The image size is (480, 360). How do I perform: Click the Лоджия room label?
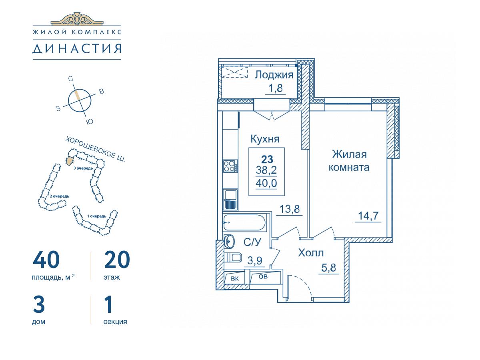(274, 75)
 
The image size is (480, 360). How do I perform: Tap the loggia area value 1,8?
(275, 88)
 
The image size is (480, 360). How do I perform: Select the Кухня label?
(265, 139)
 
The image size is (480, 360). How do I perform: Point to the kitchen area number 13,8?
(290, 209)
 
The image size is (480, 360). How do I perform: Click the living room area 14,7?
(368, 216)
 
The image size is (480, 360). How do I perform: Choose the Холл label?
(311, 253)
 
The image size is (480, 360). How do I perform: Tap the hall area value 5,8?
(329, 268)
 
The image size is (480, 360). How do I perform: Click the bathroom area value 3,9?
(255, 260)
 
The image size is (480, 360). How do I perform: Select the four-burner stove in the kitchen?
(230, 166)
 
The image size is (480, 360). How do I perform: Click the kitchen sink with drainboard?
(230, 200)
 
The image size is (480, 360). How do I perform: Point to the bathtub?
(245, 222)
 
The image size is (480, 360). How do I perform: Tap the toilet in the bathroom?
(233, 258)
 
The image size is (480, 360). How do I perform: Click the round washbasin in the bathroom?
(229, 241)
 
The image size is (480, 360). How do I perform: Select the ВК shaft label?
(235, 279)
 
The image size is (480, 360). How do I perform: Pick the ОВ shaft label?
(263, 276)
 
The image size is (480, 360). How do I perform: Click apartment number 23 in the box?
(267, 160)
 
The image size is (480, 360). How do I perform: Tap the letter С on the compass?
(70, 79)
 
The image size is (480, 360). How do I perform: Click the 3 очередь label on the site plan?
(83, 168)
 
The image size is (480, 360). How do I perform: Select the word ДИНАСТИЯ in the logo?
(77, 48)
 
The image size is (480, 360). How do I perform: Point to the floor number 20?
(117, 260)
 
